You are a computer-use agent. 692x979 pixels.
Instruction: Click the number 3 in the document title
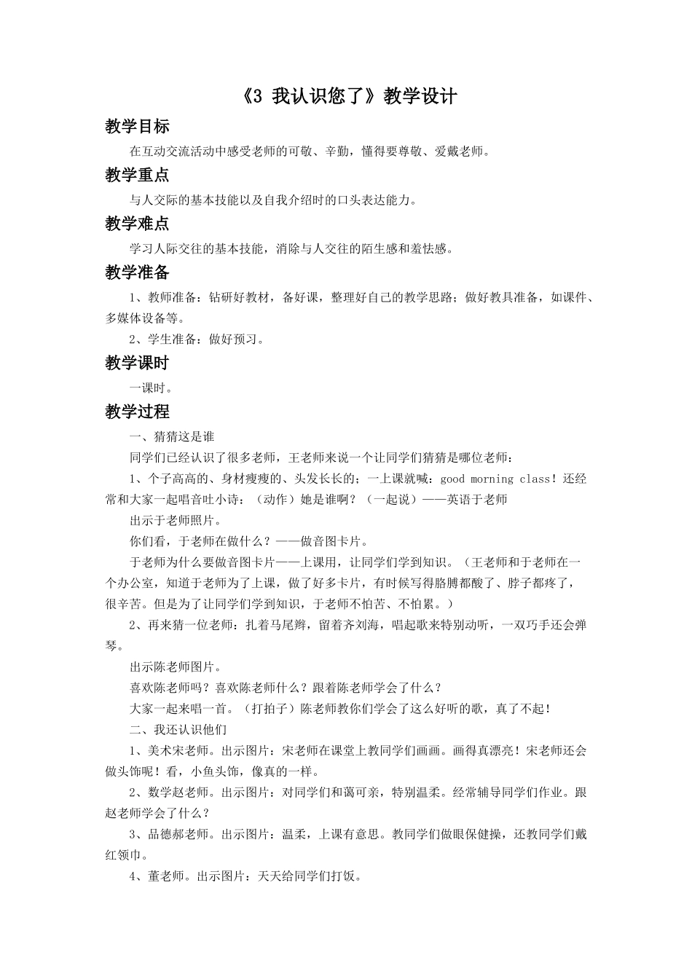click(256, 97)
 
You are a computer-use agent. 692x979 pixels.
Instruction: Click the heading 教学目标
click(137, 127)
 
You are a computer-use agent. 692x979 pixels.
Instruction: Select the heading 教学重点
click(137, 175)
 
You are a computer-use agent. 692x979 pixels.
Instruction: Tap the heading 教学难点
click(137, 224)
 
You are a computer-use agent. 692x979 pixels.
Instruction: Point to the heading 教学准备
click(137, 272)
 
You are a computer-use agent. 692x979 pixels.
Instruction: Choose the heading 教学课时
click(137, 363)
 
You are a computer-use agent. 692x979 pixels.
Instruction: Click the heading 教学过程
click(137, 412)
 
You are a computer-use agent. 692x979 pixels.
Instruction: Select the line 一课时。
click(152, 388)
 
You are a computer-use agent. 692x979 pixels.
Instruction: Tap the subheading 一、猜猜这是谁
click(172, 436)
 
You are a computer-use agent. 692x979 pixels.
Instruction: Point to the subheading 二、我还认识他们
click(178, 729)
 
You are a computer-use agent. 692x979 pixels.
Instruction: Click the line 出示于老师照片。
click(175, 520)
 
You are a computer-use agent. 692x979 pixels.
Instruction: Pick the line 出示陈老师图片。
click(175, 667)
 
